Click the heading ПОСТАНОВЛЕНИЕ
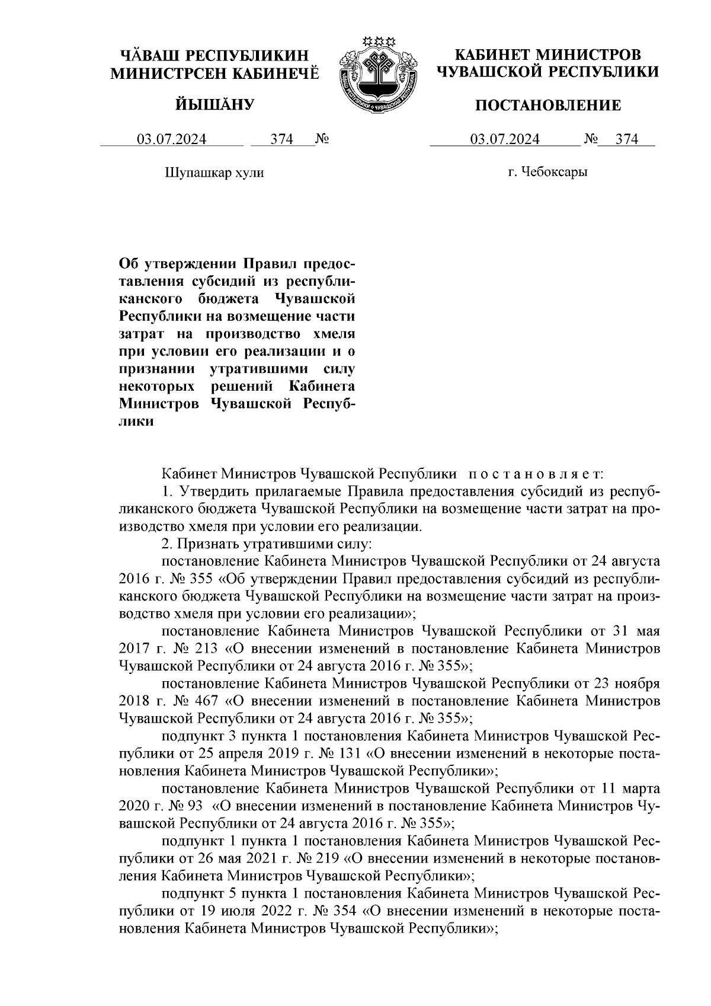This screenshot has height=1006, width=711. [549, 106]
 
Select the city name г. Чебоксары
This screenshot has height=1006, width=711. [548, 173]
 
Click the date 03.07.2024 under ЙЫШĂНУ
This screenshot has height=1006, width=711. [172, 140]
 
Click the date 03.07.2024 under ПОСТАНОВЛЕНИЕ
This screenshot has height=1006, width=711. [505, 140]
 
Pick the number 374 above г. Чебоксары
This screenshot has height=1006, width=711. [627, 140]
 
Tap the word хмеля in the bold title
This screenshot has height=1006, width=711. [332, 332]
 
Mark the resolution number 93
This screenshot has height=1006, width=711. [193, 807]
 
